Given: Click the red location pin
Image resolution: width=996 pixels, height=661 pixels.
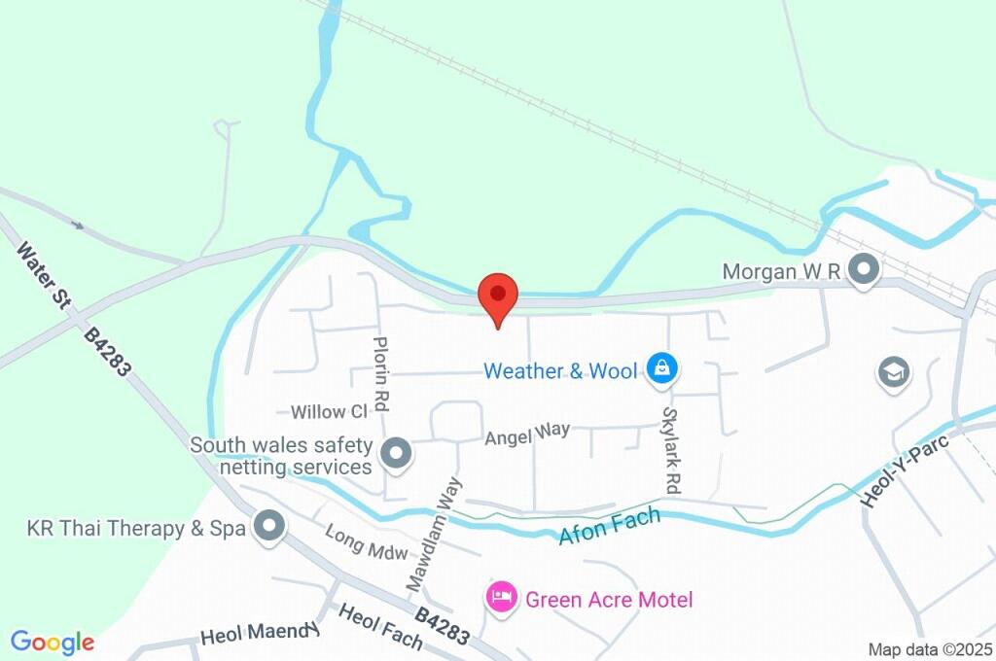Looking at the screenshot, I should tap(498, 295).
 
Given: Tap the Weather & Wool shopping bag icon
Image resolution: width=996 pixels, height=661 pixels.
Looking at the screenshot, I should tap(661, 368).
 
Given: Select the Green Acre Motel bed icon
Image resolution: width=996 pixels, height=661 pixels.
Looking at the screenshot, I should tap(501, 597).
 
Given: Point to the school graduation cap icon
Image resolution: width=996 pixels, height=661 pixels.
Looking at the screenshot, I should tap(893, 371).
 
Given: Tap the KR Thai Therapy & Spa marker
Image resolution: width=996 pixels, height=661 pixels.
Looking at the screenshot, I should tap(267, 528).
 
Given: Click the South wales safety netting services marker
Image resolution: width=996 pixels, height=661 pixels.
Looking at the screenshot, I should tap(396, 453).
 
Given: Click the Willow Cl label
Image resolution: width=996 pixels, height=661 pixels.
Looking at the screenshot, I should tap(329, 411).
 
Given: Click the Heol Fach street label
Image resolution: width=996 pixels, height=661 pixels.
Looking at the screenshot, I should tap(380, 627).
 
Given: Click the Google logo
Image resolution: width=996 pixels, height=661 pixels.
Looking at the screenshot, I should tap(53, 643).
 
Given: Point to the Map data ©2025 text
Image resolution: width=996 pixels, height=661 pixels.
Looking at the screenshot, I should tap(929, 649).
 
